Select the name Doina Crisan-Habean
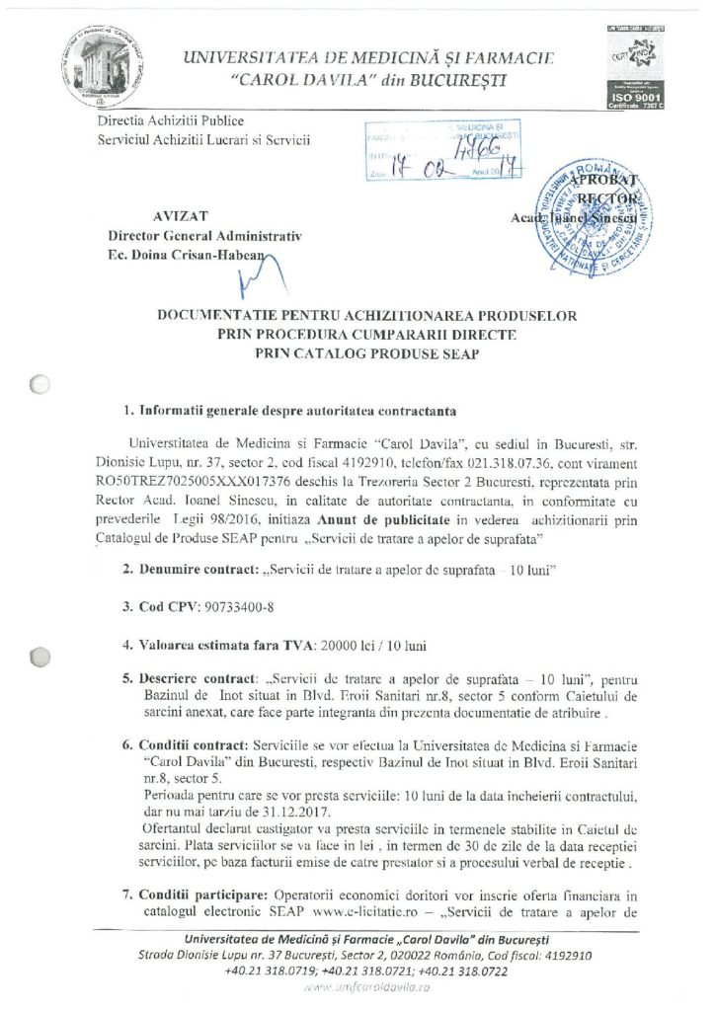point(199,255)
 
